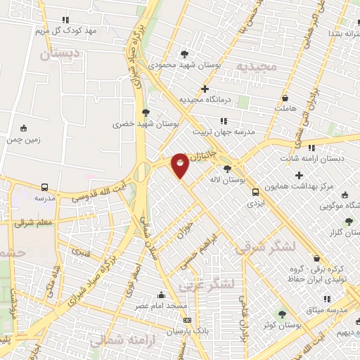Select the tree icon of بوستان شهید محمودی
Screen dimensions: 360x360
click(x=184, y=53)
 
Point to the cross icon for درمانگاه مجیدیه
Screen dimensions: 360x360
click(x=205, y=89)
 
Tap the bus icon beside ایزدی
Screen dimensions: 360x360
click(x=255, y=191)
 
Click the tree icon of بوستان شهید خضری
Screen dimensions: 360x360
click(x=146, y=112)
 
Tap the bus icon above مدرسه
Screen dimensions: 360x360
click(x=45, y=188)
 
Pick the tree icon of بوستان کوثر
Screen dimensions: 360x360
click(x=283, y=314)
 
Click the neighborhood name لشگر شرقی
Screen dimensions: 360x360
click(x=262, y=249)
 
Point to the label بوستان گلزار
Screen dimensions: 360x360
click(x=342, y=231)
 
